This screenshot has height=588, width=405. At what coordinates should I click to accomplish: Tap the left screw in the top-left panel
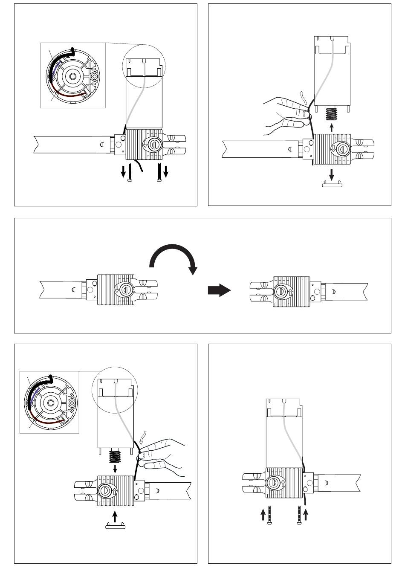point(130,172)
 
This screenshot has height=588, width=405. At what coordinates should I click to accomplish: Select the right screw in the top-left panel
point(159,172)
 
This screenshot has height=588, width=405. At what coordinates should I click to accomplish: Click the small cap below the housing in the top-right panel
point(332,184)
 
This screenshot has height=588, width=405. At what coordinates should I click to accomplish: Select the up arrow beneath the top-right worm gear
point(332,127)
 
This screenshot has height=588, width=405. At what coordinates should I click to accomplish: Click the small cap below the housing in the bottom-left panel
point(116,525)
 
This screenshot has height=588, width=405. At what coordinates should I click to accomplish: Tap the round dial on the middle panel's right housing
point(281,292)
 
